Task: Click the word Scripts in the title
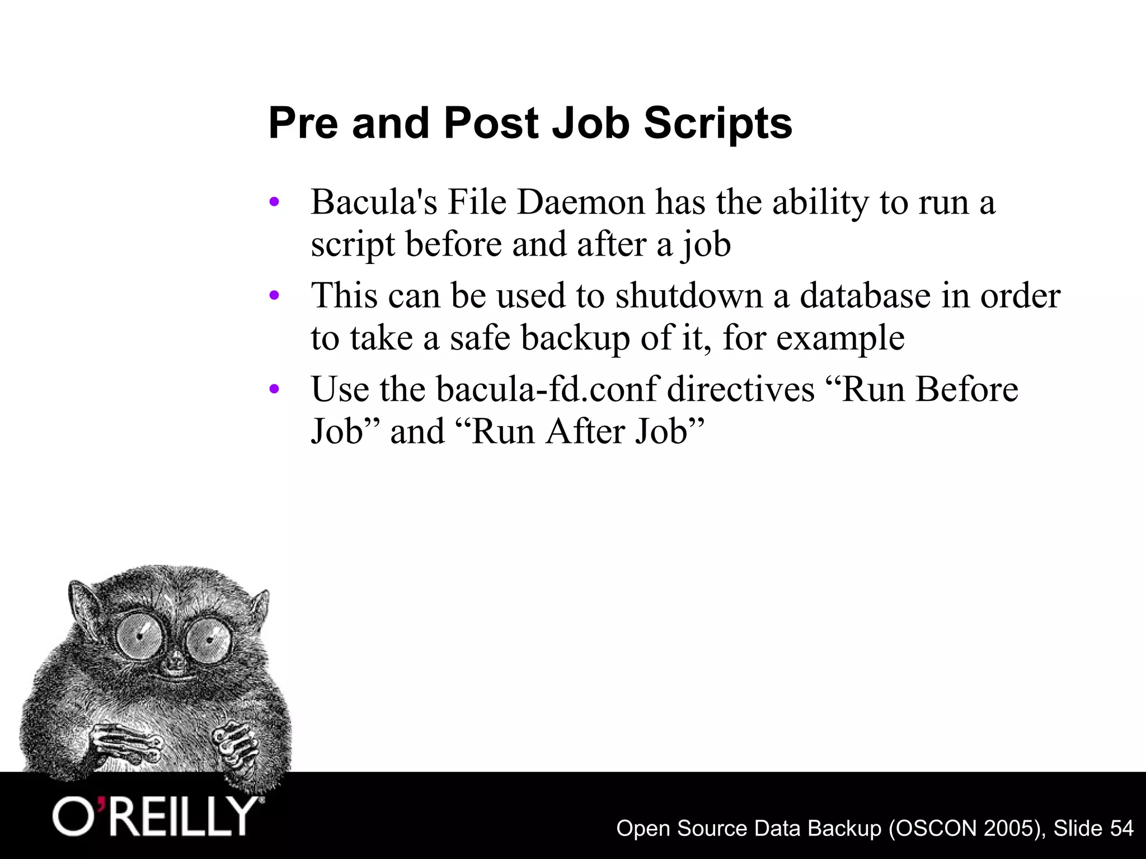(718, 124)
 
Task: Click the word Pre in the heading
(303, 123)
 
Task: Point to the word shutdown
(689, 296)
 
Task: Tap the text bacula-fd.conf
(546, 389)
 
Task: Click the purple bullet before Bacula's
(274, 202)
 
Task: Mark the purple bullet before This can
(274, 296)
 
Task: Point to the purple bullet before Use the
(274, 389)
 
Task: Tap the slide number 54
(1121, 828)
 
